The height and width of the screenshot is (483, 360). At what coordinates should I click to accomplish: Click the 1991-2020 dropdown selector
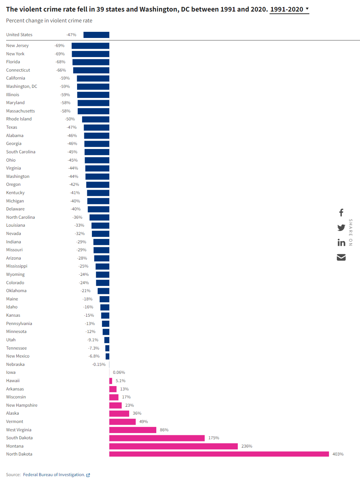289,9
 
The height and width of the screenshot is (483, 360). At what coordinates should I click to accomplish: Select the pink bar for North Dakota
219,454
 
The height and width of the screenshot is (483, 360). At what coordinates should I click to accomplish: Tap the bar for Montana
173,446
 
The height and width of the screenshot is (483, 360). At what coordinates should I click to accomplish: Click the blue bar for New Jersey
90,46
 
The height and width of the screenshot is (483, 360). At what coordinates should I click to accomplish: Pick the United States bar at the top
96,35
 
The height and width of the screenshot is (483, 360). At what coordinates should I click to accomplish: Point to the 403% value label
338,454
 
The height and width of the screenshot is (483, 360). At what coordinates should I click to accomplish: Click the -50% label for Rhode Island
70,119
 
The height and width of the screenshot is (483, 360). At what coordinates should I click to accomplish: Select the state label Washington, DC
22,86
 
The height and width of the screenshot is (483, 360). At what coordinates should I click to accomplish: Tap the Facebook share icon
341,213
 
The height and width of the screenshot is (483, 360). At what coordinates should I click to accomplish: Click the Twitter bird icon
341,227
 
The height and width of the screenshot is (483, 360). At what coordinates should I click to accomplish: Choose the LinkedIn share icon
341,243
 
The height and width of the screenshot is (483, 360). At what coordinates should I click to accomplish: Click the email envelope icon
341,257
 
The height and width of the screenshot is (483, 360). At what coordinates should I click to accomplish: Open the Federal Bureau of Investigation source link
54,475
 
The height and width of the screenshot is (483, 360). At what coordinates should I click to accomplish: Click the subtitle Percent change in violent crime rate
49,21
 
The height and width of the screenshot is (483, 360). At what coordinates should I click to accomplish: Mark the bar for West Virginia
133,430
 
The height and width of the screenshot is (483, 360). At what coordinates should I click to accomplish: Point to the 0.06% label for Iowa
119,372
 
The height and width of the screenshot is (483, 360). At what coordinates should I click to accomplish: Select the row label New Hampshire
22,405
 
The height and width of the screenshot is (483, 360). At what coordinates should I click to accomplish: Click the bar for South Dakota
157,438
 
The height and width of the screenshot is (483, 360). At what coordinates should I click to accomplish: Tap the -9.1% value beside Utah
93,340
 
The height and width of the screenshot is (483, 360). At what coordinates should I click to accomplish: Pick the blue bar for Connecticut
91,70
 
